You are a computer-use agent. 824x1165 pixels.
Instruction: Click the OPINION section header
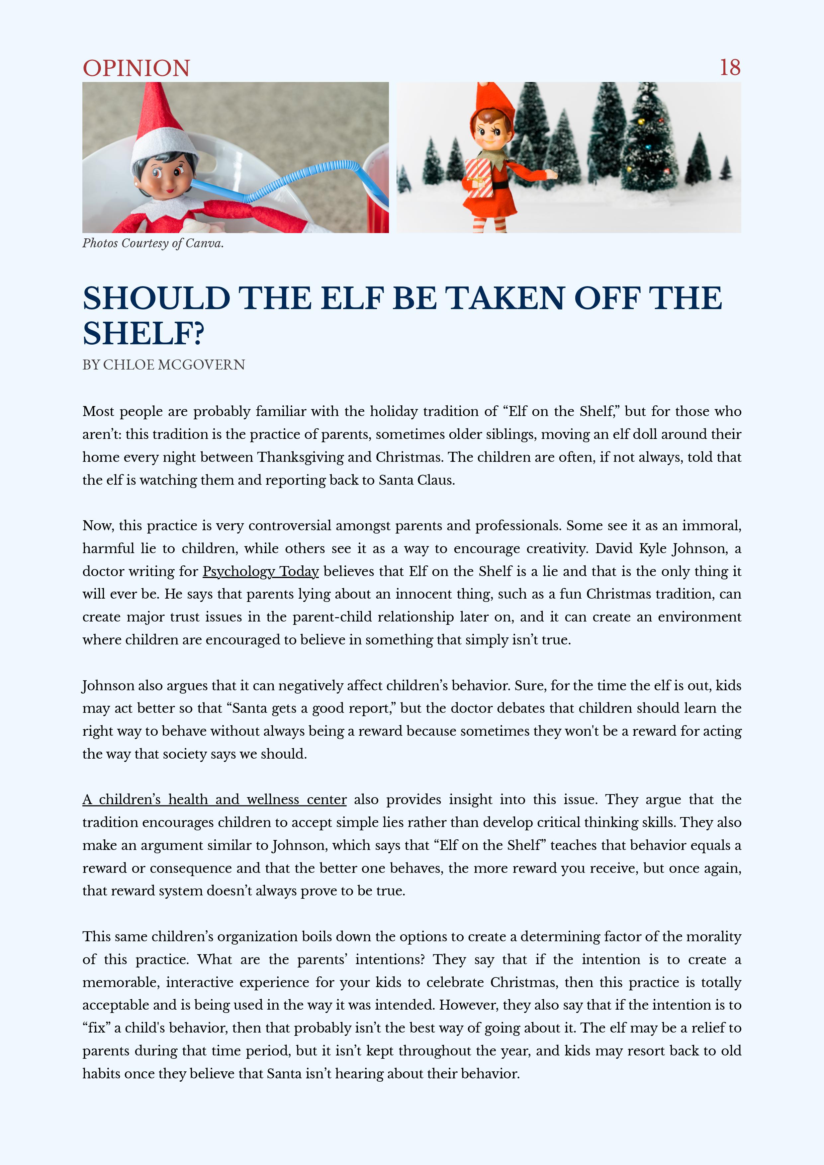(x=136, y=68)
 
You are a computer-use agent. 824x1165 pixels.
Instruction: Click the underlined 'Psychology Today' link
(x=260, y=571)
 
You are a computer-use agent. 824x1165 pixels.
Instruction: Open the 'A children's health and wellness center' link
(x=214, y=800)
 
